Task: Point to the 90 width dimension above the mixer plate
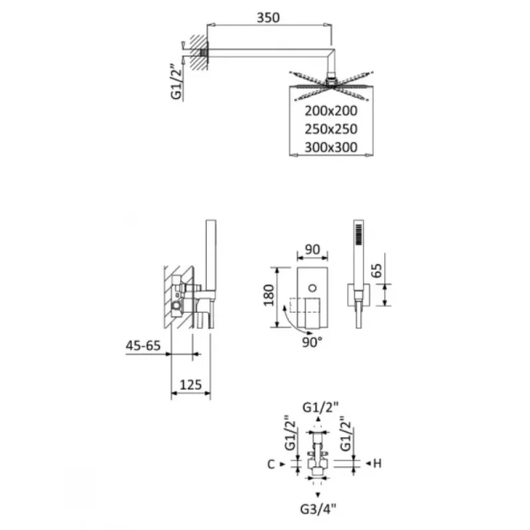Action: pyautogui.click(x=309, y=250)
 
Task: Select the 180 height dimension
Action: pyautogui.click(x=269, y=293)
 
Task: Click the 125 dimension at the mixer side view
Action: pyautogui.click(x=190, y=383)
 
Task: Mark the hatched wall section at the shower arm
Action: pyautogui.click(x=196, y=50)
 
